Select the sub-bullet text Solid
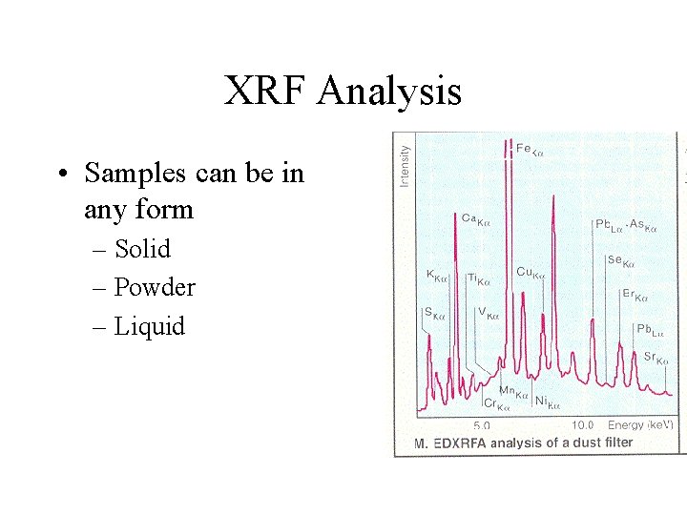point(142,249)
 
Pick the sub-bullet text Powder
point(155,287)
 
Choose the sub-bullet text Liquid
point(150,326)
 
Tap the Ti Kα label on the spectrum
point(478,279)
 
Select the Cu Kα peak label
point(530,274)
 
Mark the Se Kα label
point(620,261)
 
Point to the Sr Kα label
point(656,359)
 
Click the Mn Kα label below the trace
point(514,392)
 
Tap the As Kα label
point(644,225)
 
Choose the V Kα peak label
point(489,313)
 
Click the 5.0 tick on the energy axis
point(483,425)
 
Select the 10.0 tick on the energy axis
point(583,425)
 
